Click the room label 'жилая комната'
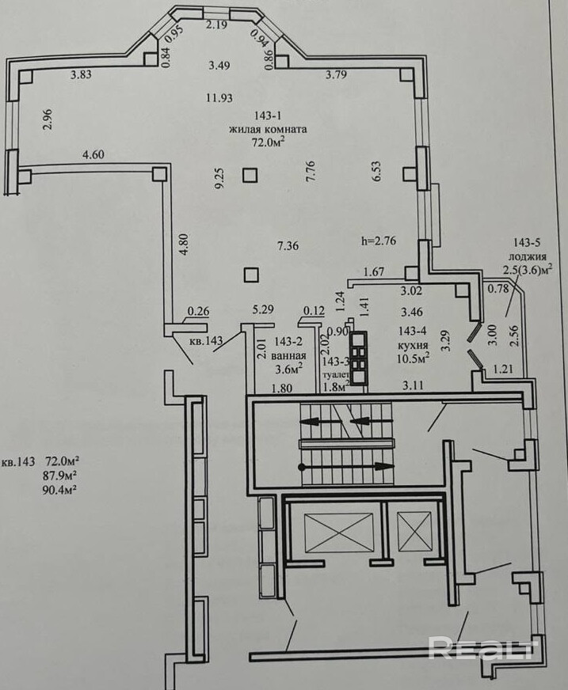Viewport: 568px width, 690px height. (268, 130)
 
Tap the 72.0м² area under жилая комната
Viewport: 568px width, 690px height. (268, 142)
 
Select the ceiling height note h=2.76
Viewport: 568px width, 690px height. (379, 241)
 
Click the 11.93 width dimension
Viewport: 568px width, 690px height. (219, 97)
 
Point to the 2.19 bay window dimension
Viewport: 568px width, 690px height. (217, 25)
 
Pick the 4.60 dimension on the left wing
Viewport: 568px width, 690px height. (93, 154)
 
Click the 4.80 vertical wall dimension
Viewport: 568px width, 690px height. (185, 245)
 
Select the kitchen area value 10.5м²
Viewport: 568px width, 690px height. (413, 358)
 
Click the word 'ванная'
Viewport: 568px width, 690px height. (288, 355)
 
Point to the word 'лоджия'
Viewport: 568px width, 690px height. (528, 256)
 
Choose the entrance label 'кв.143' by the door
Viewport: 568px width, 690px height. (206, 339)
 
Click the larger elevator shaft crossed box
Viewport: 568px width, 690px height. (337, 531)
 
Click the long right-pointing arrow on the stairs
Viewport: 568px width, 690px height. (346, 466)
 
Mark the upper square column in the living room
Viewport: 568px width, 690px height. (250, 176)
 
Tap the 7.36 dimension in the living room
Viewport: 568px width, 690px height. (288, 245)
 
